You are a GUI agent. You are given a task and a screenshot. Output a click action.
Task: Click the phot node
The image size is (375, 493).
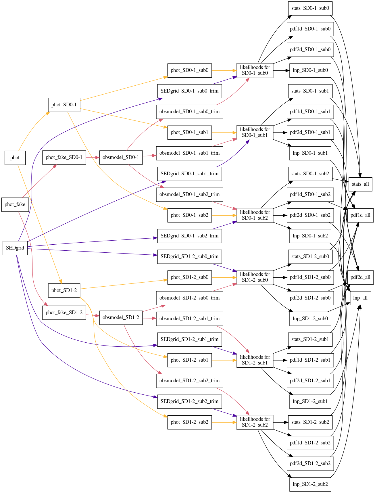(15, 158)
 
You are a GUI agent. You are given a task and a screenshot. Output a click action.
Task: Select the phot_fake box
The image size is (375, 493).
(15, 204)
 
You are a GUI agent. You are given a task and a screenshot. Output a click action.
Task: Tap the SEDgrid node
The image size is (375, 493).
(15, 248)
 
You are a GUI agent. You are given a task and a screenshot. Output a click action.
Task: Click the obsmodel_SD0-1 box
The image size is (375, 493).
(121, 157)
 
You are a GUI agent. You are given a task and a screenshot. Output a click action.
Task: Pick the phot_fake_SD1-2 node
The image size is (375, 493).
(64, 312)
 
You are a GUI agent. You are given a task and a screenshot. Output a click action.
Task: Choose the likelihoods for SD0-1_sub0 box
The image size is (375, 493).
(255, 70)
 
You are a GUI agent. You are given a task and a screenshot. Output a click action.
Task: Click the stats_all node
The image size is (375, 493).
(360, 184)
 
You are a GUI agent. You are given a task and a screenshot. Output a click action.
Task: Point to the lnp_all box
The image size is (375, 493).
(360, 298)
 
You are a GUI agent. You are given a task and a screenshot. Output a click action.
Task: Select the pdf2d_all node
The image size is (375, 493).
(360, 277)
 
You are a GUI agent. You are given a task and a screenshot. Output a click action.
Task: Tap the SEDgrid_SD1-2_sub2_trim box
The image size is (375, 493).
(189, 401)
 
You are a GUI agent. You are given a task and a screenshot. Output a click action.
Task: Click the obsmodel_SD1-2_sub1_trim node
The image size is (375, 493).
(189, 319)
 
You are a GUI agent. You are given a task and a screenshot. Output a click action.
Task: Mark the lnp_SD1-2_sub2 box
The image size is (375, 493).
(310, 484)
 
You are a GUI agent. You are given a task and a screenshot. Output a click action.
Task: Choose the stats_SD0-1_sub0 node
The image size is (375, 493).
(310, 8)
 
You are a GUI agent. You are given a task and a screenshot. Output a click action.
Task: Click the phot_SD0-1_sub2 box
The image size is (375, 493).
(189, 215)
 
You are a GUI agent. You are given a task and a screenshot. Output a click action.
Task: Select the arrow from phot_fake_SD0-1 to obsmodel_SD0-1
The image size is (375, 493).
(93, 158)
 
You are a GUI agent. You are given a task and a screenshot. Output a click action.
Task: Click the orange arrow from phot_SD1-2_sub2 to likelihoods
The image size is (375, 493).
(224, 422)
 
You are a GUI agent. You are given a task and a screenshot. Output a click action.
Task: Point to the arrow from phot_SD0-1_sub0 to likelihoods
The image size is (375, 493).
(224, 70)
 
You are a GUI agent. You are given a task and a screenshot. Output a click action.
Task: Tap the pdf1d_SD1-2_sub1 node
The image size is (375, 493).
(310, 360)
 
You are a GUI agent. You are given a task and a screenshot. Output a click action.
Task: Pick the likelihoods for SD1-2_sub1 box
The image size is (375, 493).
(255, 360)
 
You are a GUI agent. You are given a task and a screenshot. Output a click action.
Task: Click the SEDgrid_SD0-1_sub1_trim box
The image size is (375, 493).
(189, 174)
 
